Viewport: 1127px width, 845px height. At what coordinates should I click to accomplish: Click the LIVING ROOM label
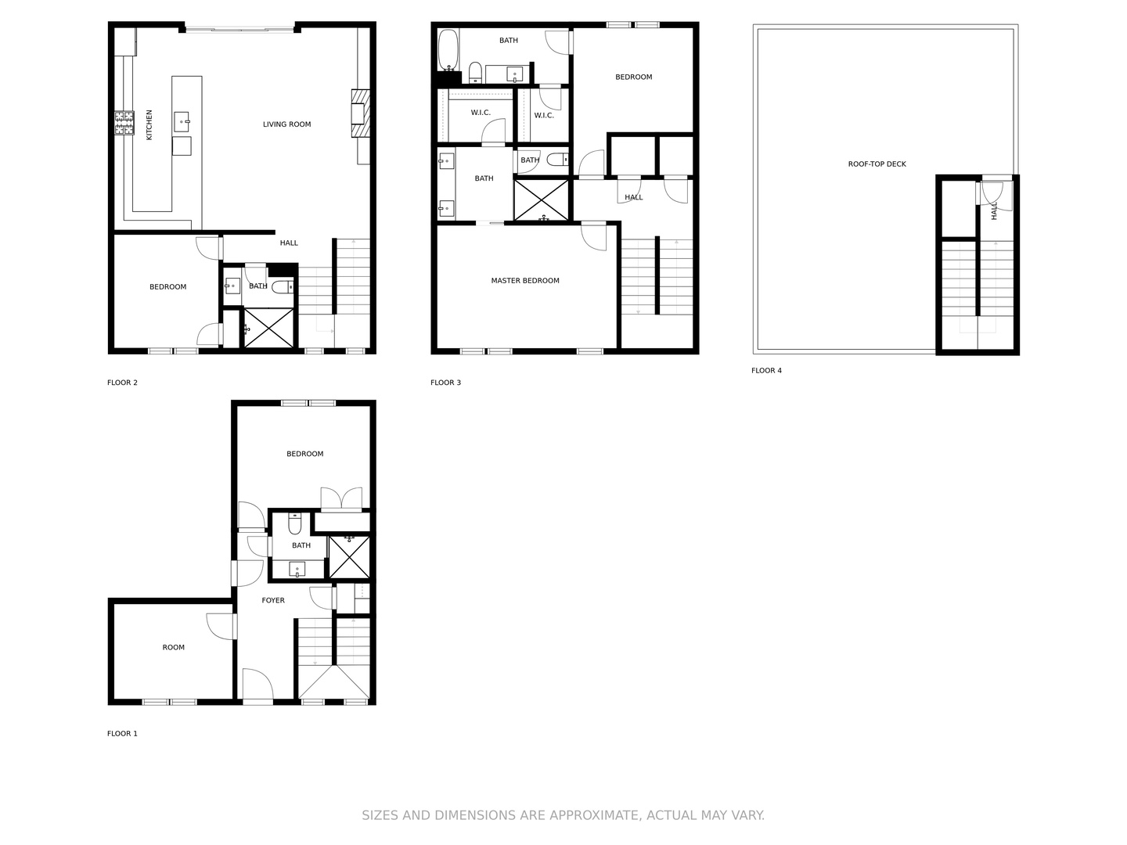click(x=286, y=124)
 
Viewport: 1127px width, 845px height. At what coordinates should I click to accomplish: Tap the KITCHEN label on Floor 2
click(x=149, y=124)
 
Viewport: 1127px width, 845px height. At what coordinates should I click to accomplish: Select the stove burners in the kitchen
click(x=124, y=123)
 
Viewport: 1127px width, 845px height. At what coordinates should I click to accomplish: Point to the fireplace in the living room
click(x=361, y=113)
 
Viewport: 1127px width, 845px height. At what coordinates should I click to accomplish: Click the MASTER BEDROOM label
click(x=524, y=281)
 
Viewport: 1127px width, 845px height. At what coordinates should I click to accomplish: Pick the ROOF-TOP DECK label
click(x=877, y=164)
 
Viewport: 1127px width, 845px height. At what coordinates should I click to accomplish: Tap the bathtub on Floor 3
click(x=448, y=50)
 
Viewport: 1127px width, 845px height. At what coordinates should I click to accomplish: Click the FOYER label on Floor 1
click(x=273, y=600)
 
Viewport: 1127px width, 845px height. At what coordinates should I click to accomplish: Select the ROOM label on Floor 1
click(x=174, y=648)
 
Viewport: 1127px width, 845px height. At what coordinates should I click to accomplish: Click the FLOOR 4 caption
click(x=766, y=370)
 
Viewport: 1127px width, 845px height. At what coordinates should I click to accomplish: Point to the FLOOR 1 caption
click(x=122, y=734)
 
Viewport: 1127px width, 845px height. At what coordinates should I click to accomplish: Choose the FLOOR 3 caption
click(x=445, y=383)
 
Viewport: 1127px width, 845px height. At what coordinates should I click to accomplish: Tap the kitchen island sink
click(x=182, y=122)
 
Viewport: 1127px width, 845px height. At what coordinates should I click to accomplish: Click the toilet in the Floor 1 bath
click(x=295, y=523)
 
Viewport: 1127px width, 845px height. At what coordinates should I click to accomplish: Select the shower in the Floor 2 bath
click(x=268, y=328)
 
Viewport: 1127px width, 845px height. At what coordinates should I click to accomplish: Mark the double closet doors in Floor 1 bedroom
click(x=341, y=498)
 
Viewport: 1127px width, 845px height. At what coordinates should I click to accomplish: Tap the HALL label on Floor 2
click(x=289, y=243)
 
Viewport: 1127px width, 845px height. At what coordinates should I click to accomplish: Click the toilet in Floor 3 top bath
click(x=475, y=72)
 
